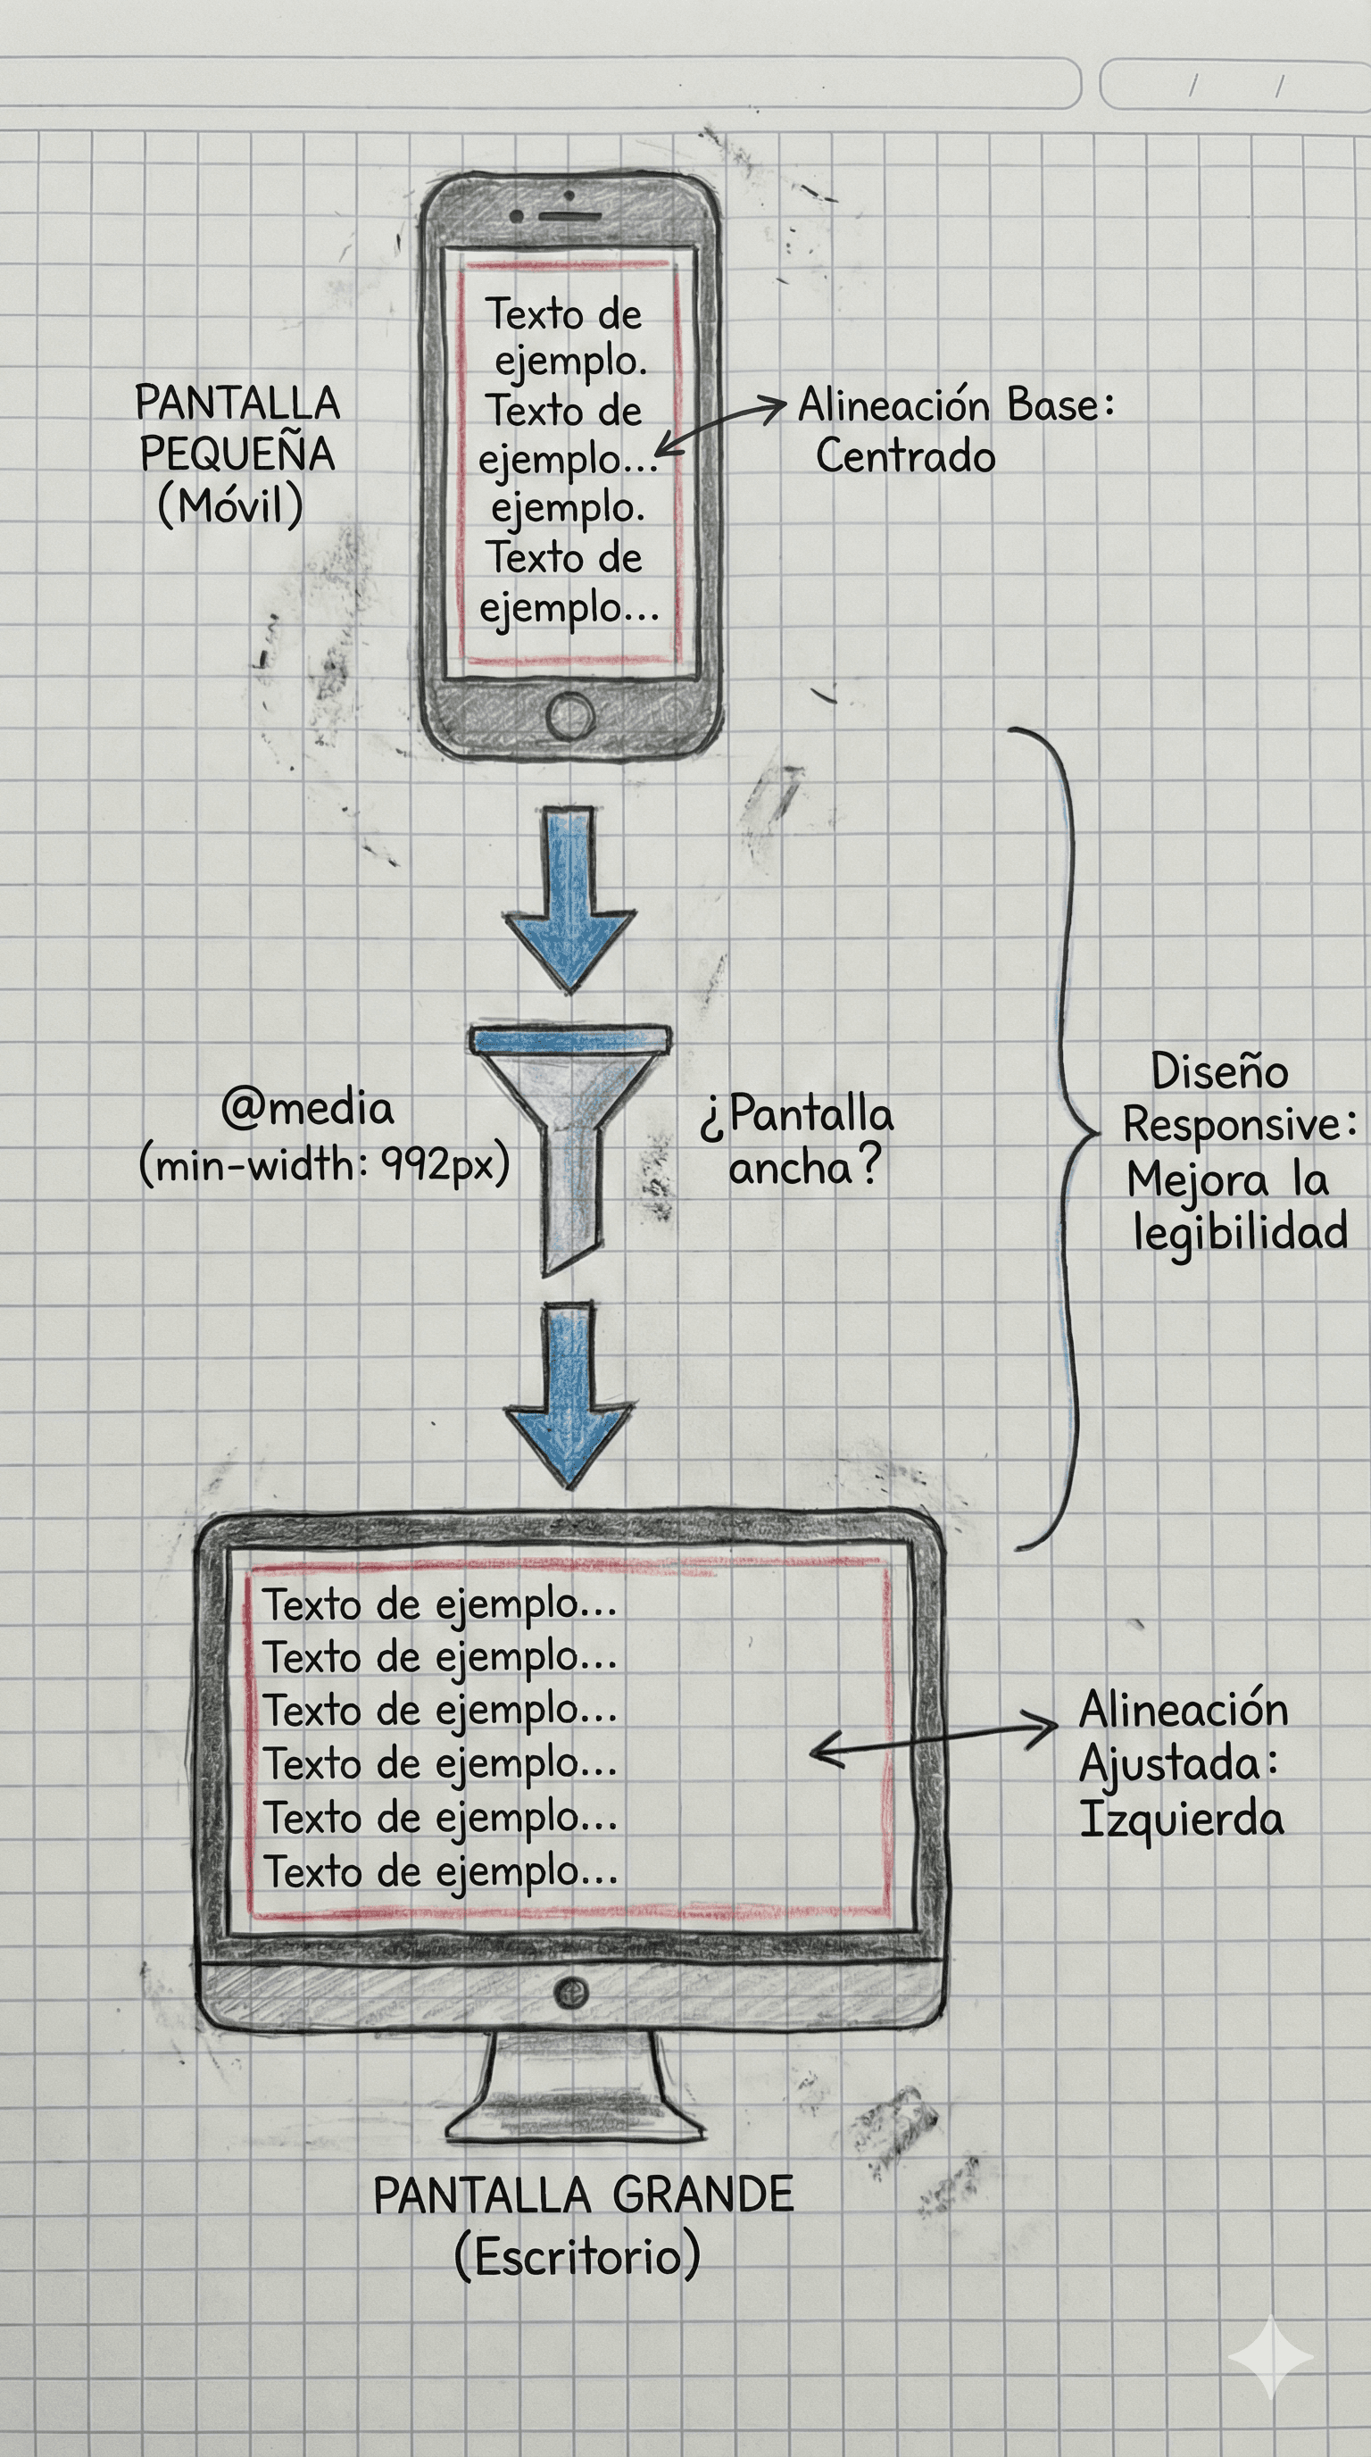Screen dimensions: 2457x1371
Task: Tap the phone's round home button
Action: tap(570, 715)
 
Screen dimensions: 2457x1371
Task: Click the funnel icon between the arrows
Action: tap(570, 1126)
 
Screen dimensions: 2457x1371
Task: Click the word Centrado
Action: tap(905, 456)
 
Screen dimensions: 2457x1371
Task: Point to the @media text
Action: tap(307, 1108)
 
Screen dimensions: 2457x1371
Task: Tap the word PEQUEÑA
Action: tap(237, 454)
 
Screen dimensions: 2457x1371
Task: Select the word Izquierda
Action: tap(1180, 1819)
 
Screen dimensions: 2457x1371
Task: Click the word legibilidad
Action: tap(1240, 1231)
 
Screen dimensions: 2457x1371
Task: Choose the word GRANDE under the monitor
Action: tap(702, 2195)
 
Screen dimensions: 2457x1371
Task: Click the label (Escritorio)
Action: tap(577, 2256)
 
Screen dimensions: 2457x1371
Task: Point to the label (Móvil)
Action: tap(229, 504)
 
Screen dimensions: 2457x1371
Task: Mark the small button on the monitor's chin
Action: tap(570, 1991)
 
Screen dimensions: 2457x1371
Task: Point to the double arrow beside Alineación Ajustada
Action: tap(933, 1739)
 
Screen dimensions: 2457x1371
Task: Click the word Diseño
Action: tap(1219, 1071)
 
